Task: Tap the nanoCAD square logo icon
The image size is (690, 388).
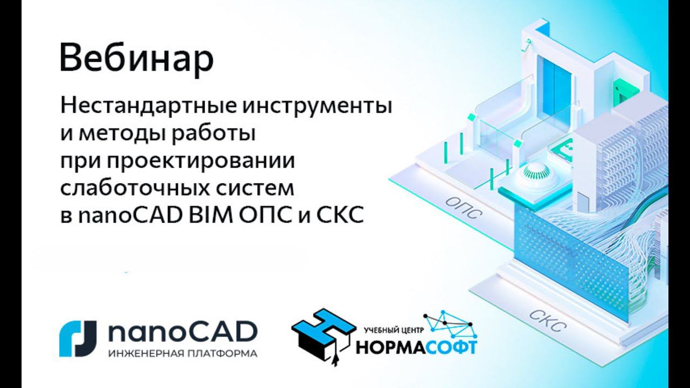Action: (x=78, y=338)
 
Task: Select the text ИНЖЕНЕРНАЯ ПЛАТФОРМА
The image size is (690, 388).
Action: (x=182, y=354)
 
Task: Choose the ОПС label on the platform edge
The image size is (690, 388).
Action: (x=462, y=206)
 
